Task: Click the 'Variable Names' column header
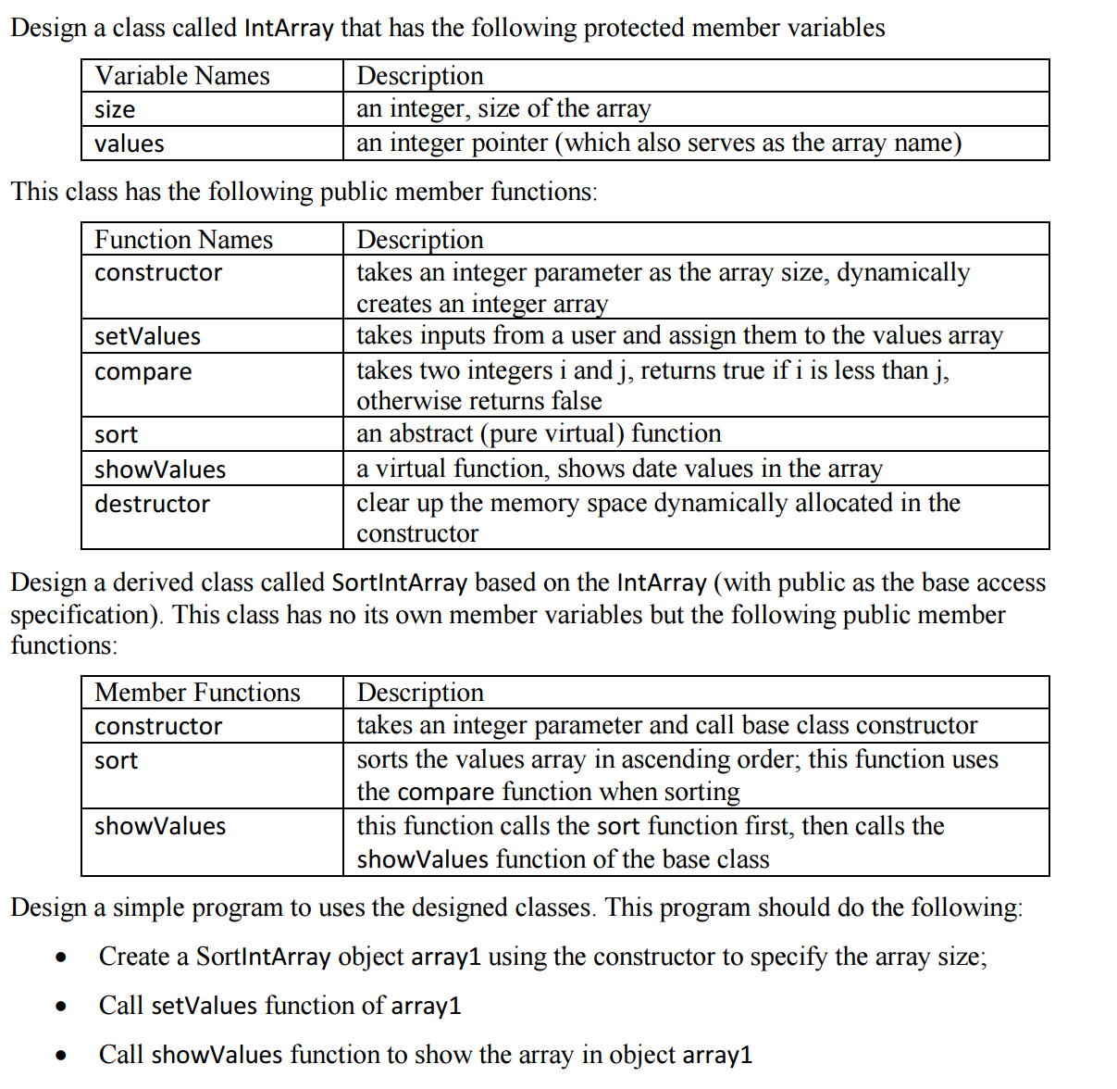click(182, 76)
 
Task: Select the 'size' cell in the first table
click(115, 110)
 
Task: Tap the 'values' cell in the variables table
click(129, 144)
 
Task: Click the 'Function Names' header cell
click(183, 240)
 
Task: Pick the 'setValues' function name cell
click(147, 336)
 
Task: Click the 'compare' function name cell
click(143, 372)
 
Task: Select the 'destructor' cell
click(152, 504)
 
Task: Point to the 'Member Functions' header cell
click(197, 693)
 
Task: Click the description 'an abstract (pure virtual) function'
click(539, 433)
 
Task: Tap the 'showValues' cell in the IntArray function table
click(159, 469)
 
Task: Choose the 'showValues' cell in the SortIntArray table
click(159, 826)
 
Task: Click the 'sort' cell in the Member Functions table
click(116, 761)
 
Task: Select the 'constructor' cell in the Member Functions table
click(158, 727)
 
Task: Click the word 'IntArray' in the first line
click(288, 28)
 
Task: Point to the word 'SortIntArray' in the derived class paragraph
click(399, 582)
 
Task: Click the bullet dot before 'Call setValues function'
click(61, 1007)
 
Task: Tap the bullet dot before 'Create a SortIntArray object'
click(61, 958)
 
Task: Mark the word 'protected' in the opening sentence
click(634, 28)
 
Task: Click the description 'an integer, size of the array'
click(503, 109)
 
